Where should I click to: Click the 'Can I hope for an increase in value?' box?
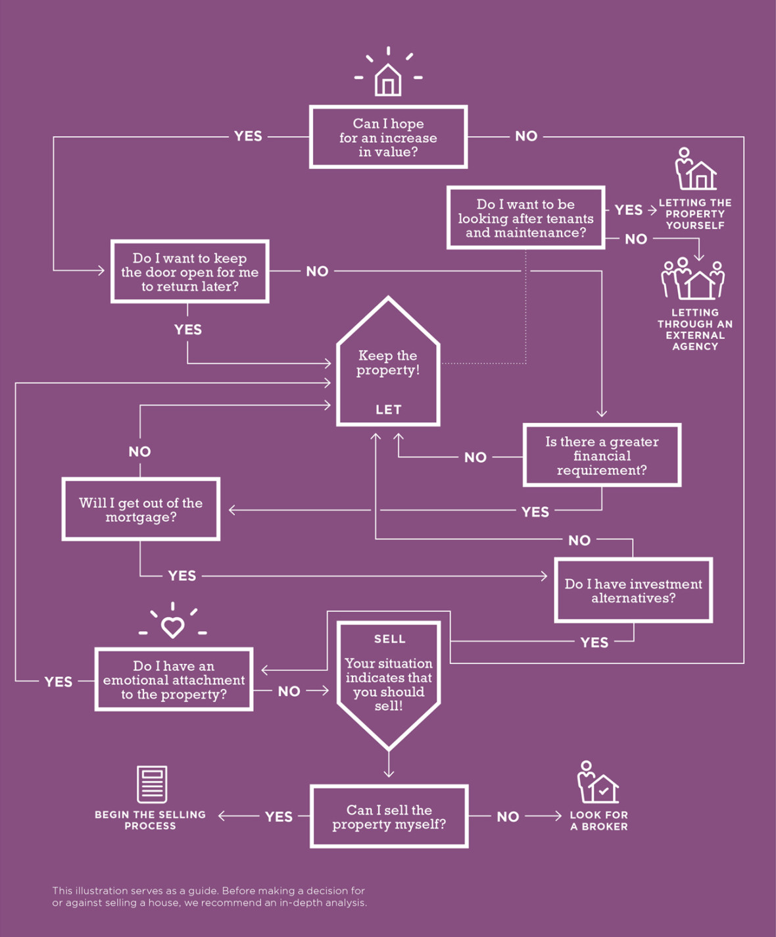(x=388, y=137)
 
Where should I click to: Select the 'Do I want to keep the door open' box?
(x=190, y=272)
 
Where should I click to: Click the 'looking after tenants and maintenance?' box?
(x=525, y=218)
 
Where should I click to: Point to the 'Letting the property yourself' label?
(x=695, y=214)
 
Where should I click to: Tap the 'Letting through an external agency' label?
(x=695, y=329)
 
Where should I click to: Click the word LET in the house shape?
(x=388, y=409)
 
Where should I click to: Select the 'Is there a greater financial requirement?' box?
(x=602, y=455)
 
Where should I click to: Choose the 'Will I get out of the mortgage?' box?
(x=141, y=510)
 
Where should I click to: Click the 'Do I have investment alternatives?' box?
(x=633, y=591)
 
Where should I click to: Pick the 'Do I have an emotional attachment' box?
(x=174, y=680)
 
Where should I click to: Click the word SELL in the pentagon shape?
(x=389, y=639)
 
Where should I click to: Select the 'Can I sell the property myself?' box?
(x=389, y=817)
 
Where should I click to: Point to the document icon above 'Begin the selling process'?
(x=152, y=784)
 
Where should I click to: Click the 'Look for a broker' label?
(x=598, y=820)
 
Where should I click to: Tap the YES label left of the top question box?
(x=248, y=136)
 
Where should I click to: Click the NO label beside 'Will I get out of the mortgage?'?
(x=139, y=451)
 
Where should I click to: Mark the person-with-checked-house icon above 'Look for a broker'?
(x=597, y=782)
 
